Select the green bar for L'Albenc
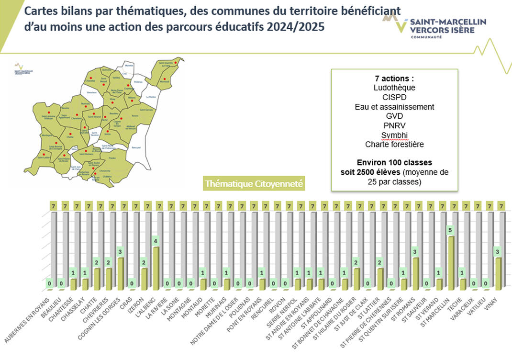(x=156, y=268)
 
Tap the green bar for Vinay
(x=499, y=273)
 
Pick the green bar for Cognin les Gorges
(x=120, y=273)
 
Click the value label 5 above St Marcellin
(x=450, y=229)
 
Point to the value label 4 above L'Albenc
(x=156, y=240)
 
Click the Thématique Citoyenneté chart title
(x=253, y=183)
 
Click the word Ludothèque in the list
(x=394, y=88)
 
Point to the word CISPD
(x=394, y=97)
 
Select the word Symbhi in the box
(x=394, y=135)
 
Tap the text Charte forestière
(x=394, y=144)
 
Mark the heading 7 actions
(x=394, y=79)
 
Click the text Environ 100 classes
(x=394, y=163)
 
